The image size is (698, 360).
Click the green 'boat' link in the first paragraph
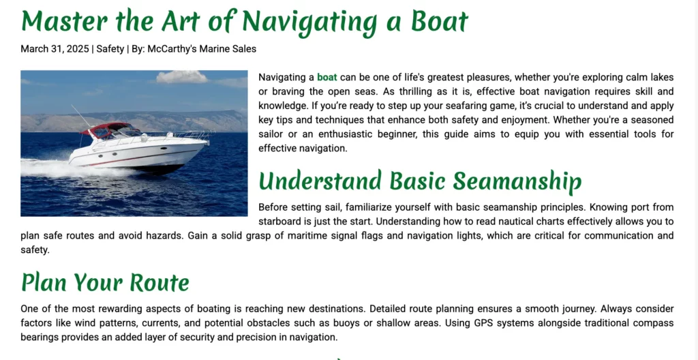327,77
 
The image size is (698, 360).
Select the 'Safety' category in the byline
110,48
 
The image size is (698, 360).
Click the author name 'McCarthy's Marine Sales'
202,48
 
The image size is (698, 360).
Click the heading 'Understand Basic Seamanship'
420,181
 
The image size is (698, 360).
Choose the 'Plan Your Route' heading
105,282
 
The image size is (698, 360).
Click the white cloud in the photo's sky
181,77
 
